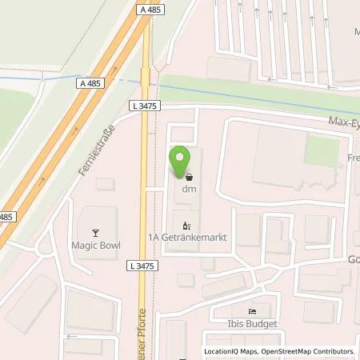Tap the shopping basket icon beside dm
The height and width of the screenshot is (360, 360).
tap(189, 178)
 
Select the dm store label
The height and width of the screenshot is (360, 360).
tap(189, 189)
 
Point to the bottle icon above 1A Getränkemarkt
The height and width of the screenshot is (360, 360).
tap(186, 225)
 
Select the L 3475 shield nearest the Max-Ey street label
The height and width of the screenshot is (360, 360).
tap(141, 104)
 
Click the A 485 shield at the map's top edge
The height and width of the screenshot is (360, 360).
tap(145, 8)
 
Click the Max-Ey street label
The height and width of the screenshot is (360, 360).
tap(341, 122)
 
